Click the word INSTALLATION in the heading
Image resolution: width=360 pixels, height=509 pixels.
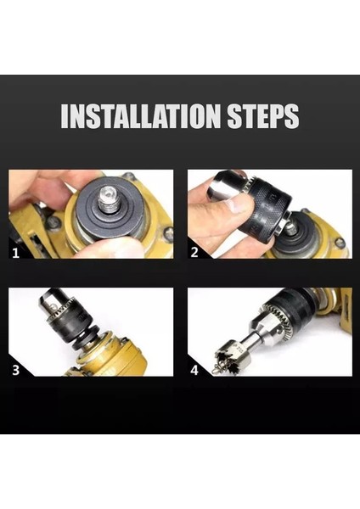click(x=141, y=116)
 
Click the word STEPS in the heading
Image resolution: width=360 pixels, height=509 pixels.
click(x=263, y=116)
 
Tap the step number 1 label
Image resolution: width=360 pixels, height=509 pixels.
click(x=15, y=253)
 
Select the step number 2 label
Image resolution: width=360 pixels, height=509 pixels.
click(x=194, y=252)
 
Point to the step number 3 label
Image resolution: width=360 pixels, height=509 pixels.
click(x=15, y=370)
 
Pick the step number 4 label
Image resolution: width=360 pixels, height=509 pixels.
click(x=194, y=370)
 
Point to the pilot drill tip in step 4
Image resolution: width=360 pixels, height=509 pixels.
click(x=215, y=369)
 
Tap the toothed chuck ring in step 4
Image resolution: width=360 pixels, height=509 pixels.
click(x=278, y=317)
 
